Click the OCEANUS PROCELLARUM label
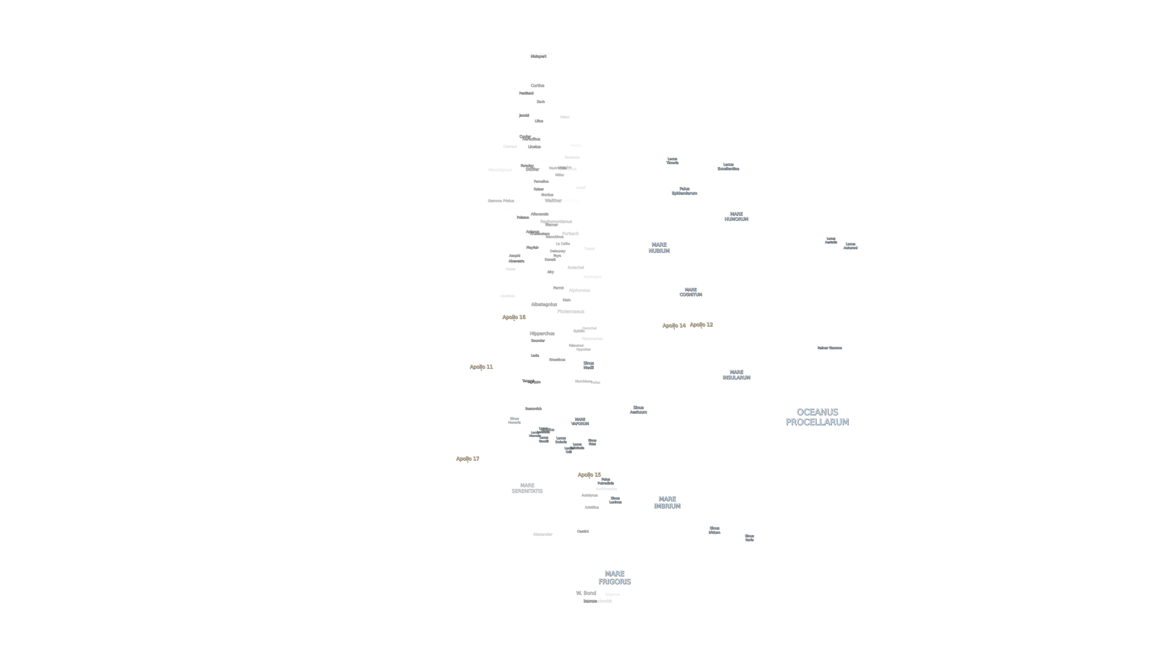tap(817, 417)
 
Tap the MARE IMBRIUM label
tap(667, 502)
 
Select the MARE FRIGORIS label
tap(614, 578)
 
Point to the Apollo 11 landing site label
tap(481, 366)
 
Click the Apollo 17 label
tap(467, 459)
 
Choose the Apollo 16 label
tap(514, 317)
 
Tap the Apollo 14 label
tap(674, 325)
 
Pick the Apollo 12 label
tap(701, 324)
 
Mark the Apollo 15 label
tap(589, 475)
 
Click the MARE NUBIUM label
tap(659, 248)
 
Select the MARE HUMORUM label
tap(736, 216)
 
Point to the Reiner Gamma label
tap(829, 348)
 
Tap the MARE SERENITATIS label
tap(527, 488)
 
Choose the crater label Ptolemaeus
tap(570, 311)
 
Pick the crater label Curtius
tap(537, 85)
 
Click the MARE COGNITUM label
tap(690, 292)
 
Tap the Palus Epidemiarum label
tap(684, 191)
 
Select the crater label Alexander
tap(542, 534)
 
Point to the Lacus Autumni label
tap(850, 246)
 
